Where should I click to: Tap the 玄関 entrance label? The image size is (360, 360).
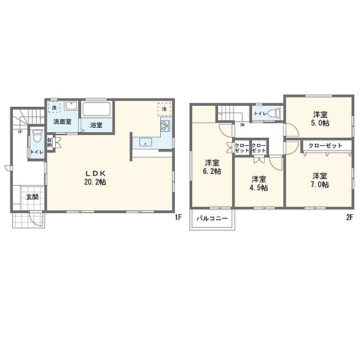point(31,197)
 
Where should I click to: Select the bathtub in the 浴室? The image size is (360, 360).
point(97,110)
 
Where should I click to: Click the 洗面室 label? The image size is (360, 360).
point(63,122)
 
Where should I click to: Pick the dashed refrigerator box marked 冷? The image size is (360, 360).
point(164,109)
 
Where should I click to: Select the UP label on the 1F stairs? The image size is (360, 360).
point(21,132)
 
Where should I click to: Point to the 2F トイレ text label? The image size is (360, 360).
point(259,114)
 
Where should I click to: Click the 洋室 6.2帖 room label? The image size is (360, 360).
point(212,167)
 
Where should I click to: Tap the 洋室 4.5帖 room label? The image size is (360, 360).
point(260,183)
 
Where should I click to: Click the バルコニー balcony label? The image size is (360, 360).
point(211,219)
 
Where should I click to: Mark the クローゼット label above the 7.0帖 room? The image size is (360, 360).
point(325,145)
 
